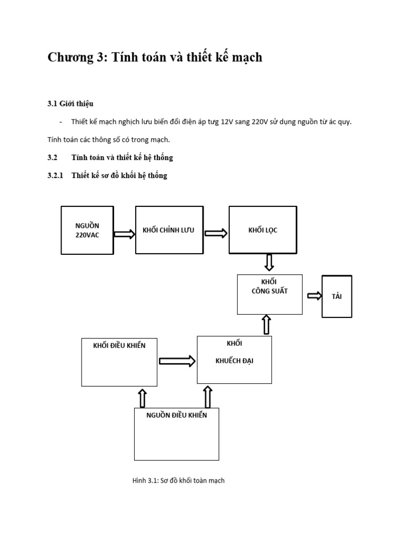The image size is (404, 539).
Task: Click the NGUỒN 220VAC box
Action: tap(87, 231)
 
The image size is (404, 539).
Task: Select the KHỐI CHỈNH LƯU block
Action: tap(169, 230)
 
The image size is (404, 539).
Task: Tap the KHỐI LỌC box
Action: tap(263, 230)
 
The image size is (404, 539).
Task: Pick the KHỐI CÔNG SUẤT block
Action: tap(270, 294)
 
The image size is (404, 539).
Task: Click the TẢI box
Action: tap(337, 296)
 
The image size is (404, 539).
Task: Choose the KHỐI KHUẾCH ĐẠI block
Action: tap(234, 360)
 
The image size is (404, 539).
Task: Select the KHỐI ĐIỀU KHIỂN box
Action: tap(119, 362)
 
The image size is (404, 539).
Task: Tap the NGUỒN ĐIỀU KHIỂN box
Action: tap(177, 434)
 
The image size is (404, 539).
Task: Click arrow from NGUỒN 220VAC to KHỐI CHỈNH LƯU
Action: tap(124, 234)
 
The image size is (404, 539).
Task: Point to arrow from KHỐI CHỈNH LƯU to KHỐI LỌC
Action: tap(216, 233)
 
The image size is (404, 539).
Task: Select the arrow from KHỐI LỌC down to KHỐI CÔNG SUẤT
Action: tap(269, 262)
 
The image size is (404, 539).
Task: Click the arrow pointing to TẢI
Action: tap(315, 296)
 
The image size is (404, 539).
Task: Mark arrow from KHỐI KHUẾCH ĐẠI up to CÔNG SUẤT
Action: tap(266, 325)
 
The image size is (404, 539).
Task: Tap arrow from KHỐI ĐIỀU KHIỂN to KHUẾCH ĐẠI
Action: tap(177, 361)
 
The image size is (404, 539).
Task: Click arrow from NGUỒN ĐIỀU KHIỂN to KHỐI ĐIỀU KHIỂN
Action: tap(142, 398)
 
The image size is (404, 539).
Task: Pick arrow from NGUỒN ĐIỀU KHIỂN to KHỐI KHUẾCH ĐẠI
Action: tap(207, 397)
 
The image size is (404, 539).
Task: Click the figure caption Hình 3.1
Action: tap(178, 480)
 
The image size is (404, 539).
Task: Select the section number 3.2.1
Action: tap(55, 175)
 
